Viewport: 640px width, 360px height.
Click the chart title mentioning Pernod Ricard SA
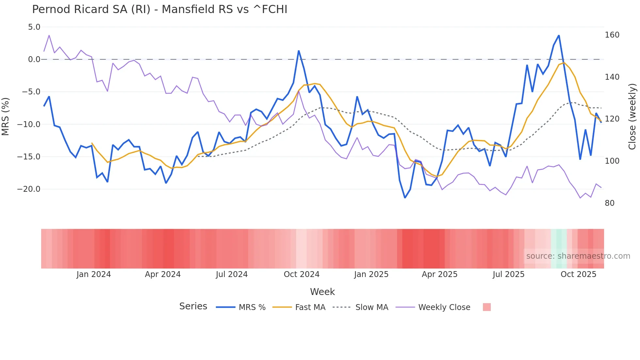(x=159, y=9)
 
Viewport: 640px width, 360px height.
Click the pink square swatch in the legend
(x=487, y=307)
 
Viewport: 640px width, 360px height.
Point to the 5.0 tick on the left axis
(x=34, y=27)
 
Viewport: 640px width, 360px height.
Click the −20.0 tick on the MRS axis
(x=29, y=189)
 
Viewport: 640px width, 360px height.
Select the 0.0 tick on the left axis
(x=34, y=59)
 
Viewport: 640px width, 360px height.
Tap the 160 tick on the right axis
(x=612, y=35)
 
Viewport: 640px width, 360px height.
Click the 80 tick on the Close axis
(x=609, y=203)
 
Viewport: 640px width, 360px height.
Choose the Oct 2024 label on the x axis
(x=301, y=274)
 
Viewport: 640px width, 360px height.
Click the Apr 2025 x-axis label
(x=439, y=274)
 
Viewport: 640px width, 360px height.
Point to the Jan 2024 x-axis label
(x=94, y=274)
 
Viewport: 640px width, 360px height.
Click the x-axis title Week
(x=322, y=292)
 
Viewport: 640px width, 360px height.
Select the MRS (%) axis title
(x=5, y=116)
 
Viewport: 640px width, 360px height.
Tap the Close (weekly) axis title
(x=632, y=116)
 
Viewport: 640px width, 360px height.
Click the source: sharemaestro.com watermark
(x=578, y=256)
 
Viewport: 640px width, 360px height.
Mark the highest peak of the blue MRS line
(x=559, y=36)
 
